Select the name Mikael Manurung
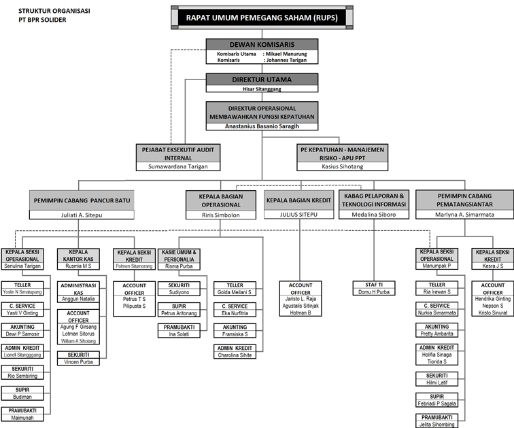point(285,54)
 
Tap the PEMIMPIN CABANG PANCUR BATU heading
point(82,200)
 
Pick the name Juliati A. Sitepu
point(82,214)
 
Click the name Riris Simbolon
point(222,214)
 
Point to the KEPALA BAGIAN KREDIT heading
point(298,200)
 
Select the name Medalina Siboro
point(375,214)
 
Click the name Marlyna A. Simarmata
point(464,214)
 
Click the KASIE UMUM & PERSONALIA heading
point(179,255)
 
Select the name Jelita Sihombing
point(437,424)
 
